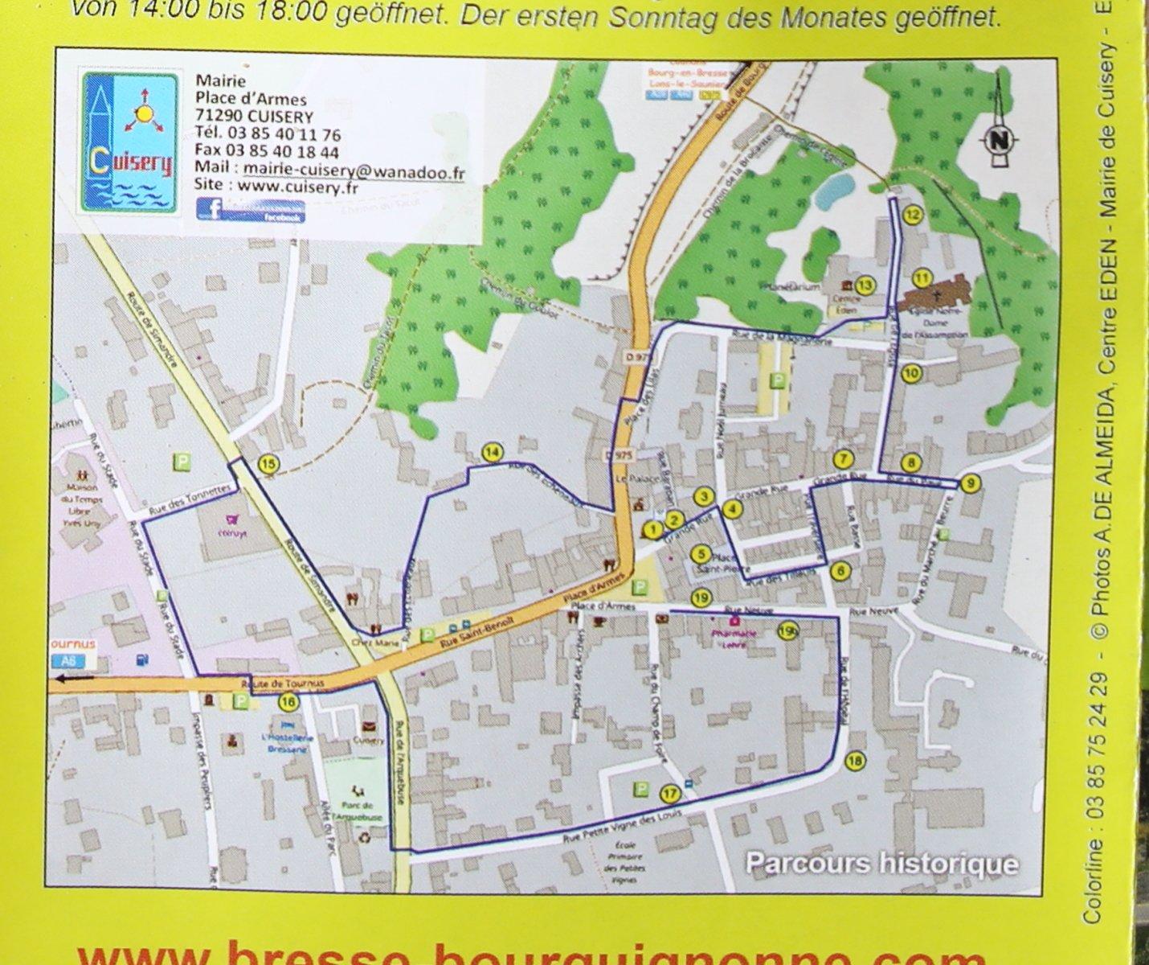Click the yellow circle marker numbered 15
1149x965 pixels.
(x=268, y=463)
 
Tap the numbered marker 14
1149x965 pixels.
(x=492, y=453)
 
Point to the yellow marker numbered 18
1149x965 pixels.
(x=856, y=762)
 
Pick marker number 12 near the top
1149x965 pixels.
(x=912, y=215)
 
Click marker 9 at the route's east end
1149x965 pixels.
(x=971, y=483)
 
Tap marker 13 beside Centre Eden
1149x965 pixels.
(x=865, y=285)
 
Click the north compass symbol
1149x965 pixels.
(x=1000, y=139)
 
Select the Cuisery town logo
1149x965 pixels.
(x=130, y=143)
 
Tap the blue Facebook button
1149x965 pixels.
(x=251, y=211)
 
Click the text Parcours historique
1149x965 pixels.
(x=881, y=864)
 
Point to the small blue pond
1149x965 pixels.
(x=833, y=191)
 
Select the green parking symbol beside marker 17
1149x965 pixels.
(x=641, y=790)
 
